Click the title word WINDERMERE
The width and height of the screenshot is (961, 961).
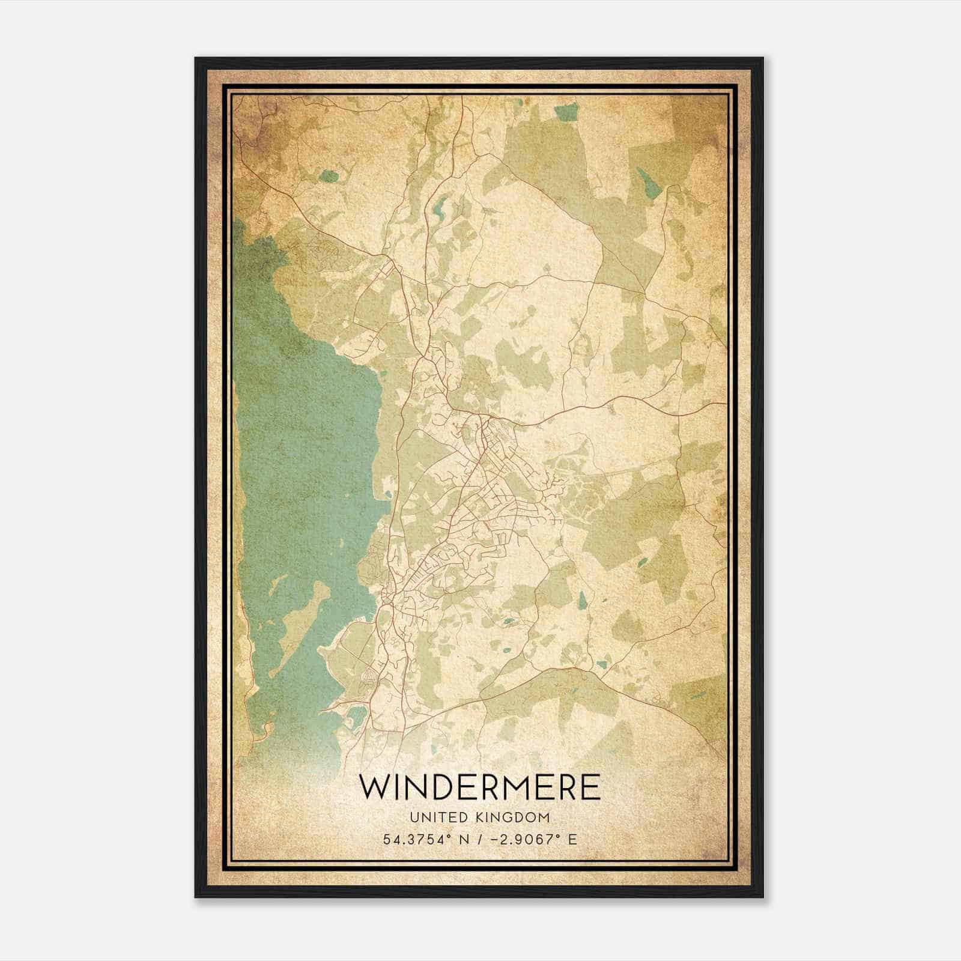tap(480, 787)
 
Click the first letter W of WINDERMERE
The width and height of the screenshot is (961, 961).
tap(374, 787)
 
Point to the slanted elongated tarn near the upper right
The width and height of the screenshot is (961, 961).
tap(649, 181)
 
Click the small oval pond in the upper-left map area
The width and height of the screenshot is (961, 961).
tap(329, 176)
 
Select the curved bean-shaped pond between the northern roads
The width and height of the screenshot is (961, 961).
tap(439, 207)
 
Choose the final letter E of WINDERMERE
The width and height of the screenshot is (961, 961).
tap(591, 787)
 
